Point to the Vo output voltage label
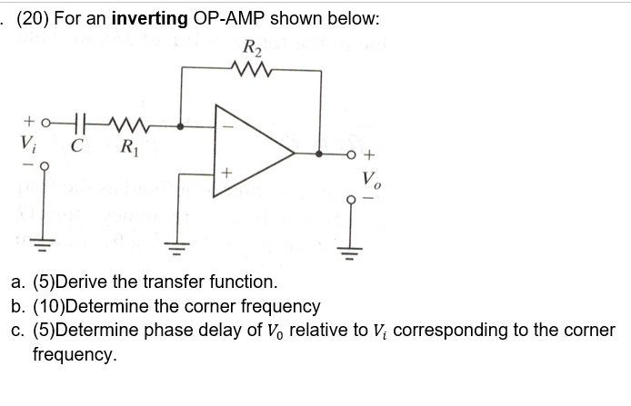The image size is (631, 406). click(370, 178)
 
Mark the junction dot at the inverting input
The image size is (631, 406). click(181, 127)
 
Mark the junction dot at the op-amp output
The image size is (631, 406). click(319, 153)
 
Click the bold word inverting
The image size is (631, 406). click(148, 19)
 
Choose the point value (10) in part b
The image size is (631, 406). click(50, 306)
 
